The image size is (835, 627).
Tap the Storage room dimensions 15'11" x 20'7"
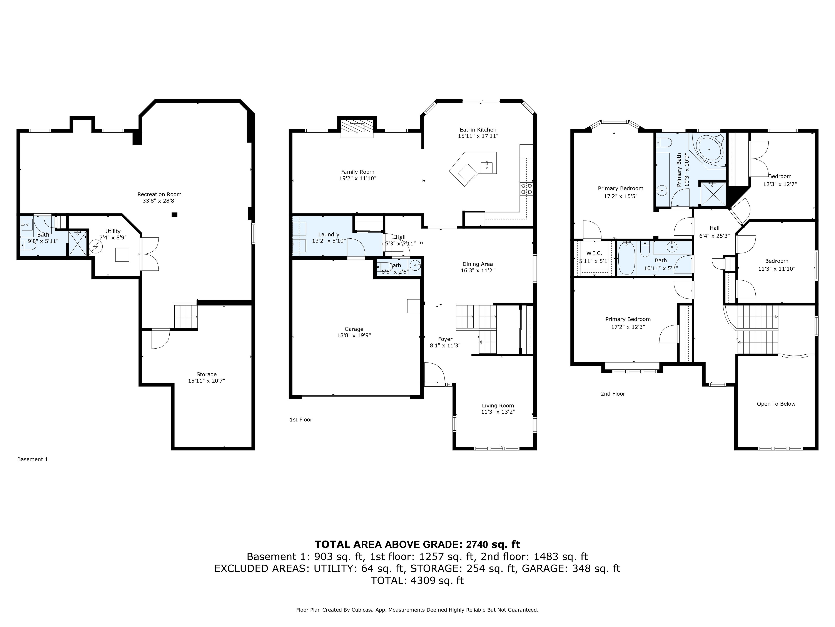207,381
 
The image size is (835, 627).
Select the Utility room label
113,231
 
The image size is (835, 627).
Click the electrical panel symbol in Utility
95,247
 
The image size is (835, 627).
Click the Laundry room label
329,235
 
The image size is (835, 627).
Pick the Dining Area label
478,264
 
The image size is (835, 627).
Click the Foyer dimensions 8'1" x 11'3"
445,346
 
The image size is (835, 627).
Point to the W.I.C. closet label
594,253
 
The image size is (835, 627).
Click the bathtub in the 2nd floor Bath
627,258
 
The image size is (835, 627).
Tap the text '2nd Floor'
613,394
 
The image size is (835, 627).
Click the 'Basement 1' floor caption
32,460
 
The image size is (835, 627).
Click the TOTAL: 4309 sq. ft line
417,580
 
